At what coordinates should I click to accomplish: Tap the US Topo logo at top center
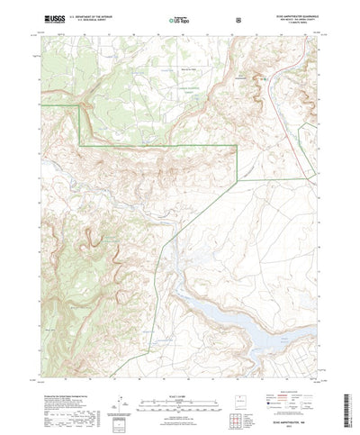coord(180,17)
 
